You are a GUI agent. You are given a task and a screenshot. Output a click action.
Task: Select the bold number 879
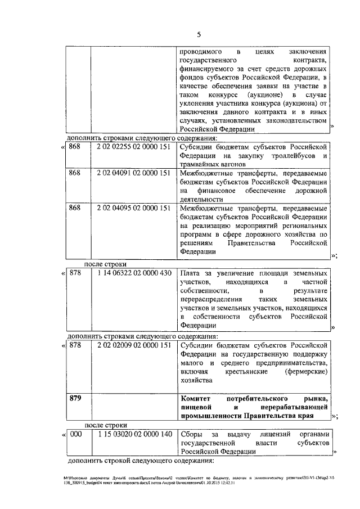75,398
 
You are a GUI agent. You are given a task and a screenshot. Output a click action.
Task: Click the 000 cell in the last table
76,435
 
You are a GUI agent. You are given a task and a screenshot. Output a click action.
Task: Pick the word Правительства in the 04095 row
242,244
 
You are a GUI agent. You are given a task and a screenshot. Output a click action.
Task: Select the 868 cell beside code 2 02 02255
75,147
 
